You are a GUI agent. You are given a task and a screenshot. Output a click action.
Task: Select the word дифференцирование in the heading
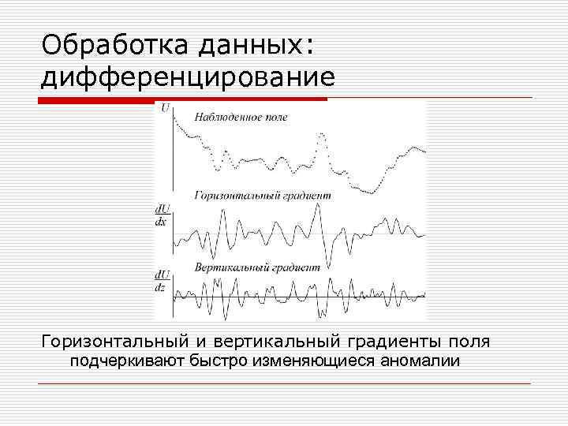188,77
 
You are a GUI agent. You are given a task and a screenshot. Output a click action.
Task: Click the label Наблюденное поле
241,117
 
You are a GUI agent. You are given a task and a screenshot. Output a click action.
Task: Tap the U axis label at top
165,107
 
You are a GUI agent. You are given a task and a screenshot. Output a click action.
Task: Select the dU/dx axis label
161,215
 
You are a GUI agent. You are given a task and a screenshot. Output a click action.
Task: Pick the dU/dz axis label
161,280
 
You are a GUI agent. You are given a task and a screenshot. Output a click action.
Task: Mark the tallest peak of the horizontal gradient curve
317,206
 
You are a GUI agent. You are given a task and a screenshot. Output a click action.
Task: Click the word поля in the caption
468,342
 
